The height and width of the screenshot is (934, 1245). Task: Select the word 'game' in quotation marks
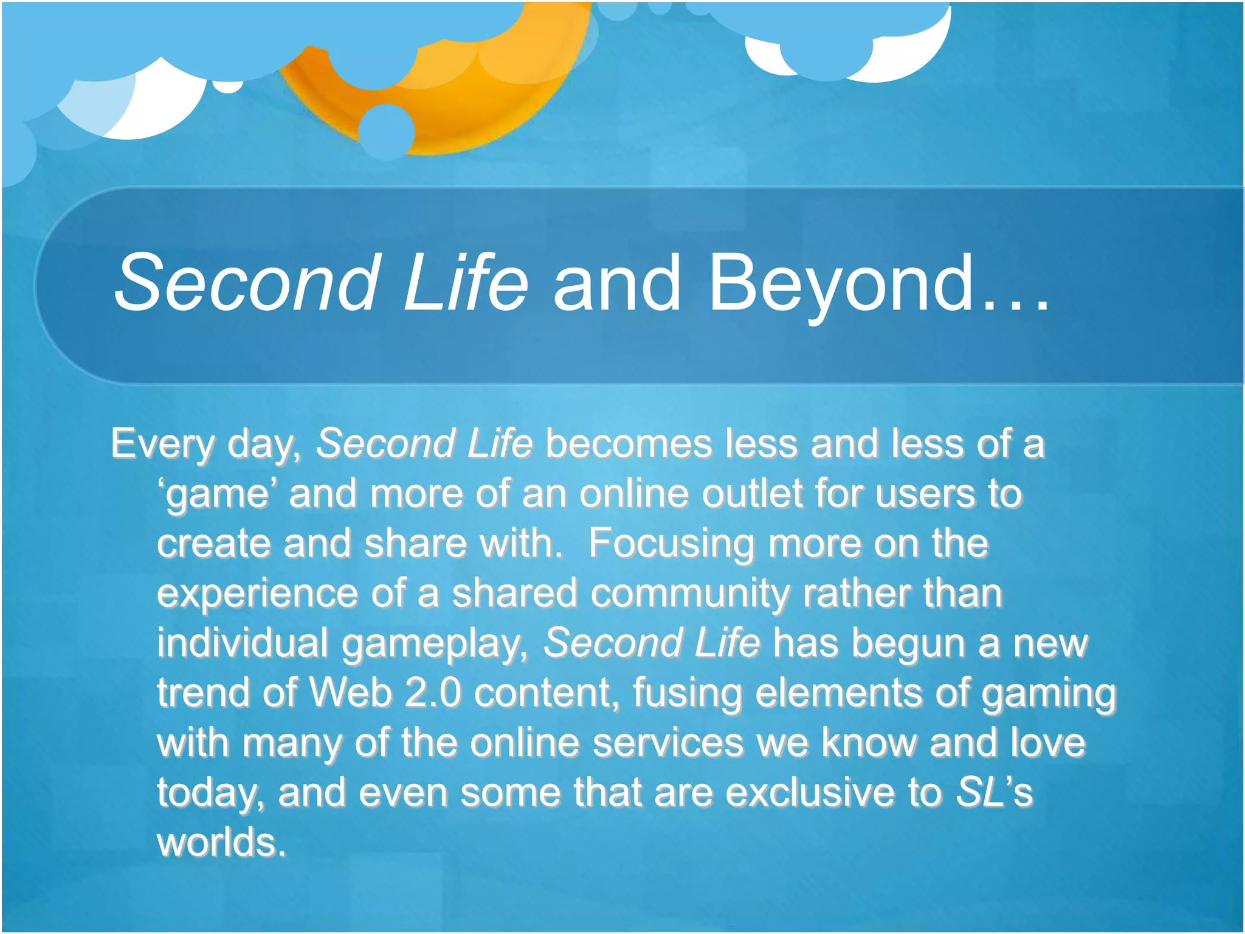click(x=217, y=494)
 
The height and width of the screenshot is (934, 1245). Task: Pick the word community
click(x=689, y=593)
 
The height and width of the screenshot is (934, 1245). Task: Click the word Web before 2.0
click(x=350, y=693)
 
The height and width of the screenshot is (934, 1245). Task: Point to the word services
click(x=667, y=742)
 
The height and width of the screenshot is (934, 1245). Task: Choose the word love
click(x=1047, y=742)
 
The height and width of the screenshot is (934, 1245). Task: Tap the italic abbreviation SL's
click(x=994, y=792)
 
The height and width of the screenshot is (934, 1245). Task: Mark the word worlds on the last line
click(x=220, y=842)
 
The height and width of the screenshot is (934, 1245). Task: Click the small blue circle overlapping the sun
click(x=386, y=131)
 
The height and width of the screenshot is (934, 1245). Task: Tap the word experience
click(x=257, y=594)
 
